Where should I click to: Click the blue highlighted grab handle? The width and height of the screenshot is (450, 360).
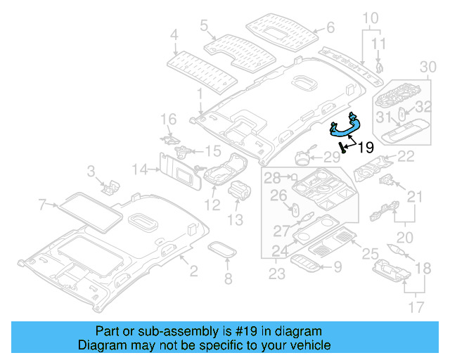347,127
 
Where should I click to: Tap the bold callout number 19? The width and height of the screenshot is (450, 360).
365,148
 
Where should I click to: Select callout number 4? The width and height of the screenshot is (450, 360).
174,33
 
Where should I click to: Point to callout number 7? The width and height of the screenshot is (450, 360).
42,205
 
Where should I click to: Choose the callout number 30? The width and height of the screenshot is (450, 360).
427,66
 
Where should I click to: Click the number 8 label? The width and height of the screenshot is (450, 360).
228,280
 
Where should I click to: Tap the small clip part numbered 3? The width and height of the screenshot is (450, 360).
110,186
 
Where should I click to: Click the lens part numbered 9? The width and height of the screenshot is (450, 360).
307,264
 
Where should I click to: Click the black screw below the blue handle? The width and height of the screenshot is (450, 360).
342,147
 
